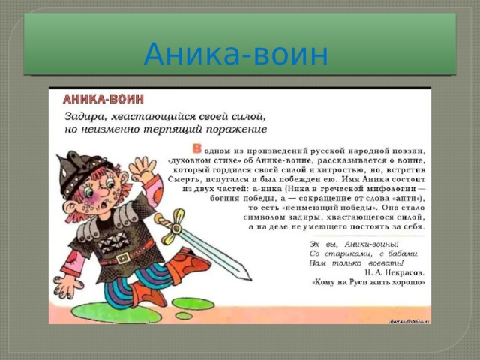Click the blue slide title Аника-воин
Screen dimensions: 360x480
click(235, 55)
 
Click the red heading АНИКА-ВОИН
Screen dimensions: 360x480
click(103, 98)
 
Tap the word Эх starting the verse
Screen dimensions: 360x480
click(316, 244)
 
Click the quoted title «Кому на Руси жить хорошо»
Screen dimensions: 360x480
click(368, 284)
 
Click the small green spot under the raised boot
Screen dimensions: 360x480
click(183, 316)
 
